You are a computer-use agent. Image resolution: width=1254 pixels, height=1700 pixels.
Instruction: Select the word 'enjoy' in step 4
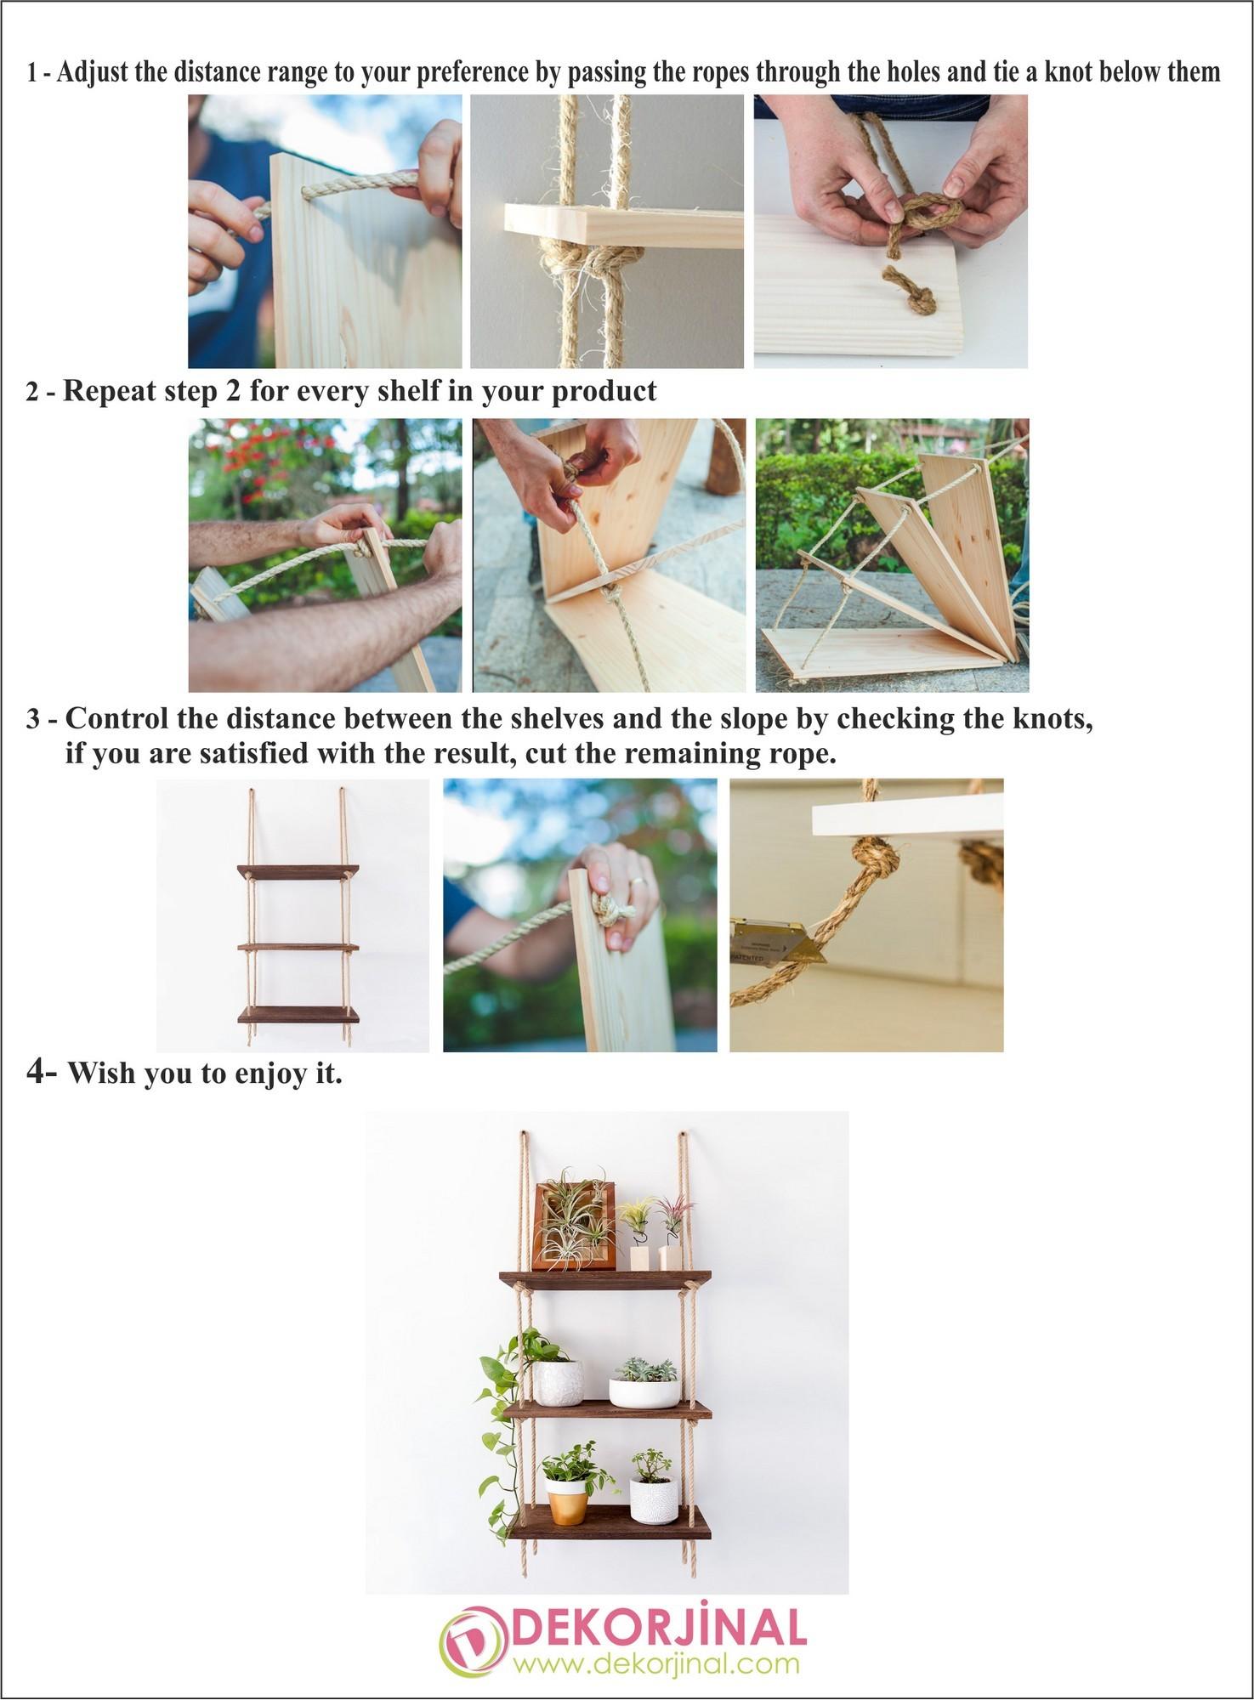tap(258, 1074)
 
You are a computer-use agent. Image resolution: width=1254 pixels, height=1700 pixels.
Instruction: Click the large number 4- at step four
tap(42, 1073)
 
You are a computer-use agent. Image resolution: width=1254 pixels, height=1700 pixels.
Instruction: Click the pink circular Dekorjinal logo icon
tap(472, 1637)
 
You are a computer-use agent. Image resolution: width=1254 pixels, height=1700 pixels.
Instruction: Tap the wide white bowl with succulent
tap(644, 1391)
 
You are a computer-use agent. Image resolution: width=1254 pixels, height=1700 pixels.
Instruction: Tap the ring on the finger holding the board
tap(642, 882)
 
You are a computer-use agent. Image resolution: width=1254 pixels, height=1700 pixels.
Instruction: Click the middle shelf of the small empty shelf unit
tap(298, 946)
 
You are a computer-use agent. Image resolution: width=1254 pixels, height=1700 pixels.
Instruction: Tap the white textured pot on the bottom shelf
tap(653, 1499)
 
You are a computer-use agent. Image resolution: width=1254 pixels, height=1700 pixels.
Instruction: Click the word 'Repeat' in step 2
tap(107, 391)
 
